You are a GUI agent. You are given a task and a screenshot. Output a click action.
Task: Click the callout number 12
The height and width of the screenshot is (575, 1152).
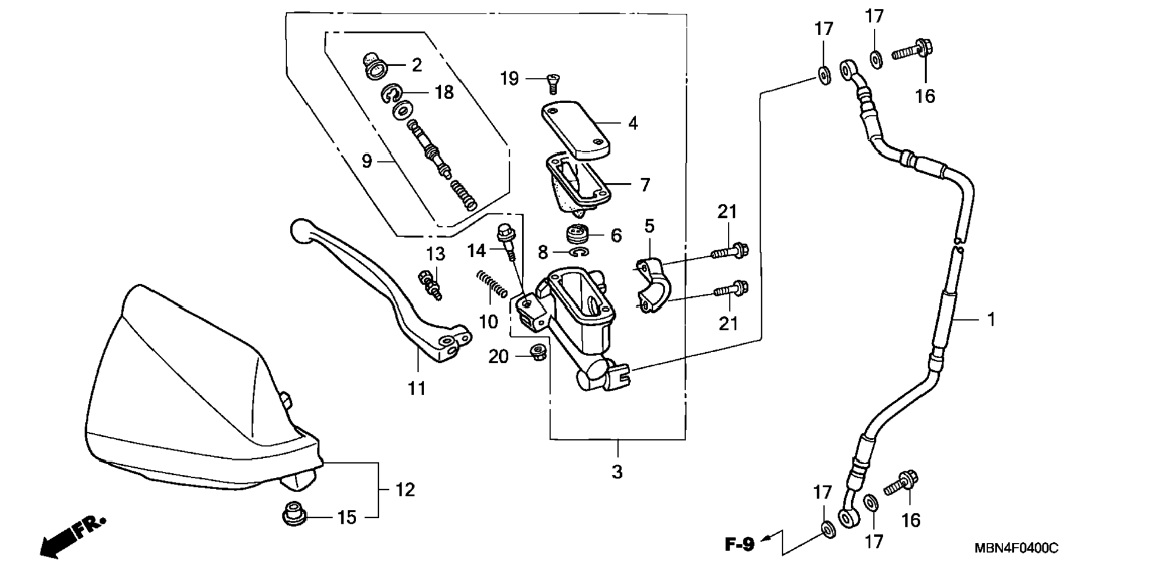tap(405, 490)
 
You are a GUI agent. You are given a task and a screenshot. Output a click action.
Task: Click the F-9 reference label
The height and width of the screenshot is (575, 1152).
tap(739, 544)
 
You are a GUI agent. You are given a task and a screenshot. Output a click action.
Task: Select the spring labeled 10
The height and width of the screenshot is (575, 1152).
tap(492, 284)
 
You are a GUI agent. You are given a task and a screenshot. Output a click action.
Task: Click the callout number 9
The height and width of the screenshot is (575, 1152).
tap(367, 161)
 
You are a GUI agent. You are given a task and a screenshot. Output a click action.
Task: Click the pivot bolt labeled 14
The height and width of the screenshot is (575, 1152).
tap(506, 241)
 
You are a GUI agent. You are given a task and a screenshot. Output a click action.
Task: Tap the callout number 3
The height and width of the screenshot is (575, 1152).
tap(617, 471)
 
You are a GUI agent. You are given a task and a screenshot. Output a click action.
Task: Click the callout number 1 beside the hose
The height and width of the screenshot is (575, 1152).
tap(991, 319)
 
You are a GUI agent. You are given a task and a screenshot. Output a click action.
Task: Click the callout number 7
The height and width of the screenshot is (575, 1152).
tap(645, 185)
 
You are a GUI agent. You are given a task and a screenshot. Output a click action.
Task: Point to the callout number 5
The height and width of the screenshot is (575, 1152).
tap(649, 226)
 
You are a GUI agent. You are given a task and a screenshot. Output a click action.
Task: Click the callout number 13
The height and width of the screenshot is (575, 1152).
tap(435, 254)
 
